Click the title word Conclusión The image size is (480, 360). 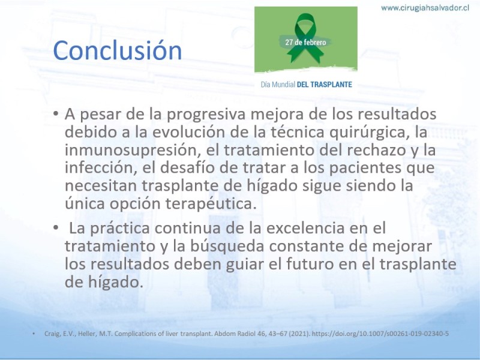[118, 50]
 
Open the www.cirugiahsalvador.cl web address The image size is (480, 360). [425, 8]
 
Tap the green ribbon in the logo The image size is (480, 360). [305, 38]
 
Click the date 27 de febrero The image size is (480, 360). [305, 42]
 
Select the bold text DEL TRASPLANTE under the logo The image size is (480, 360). [325, 85]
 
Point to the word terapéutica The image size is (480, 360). [211, 203]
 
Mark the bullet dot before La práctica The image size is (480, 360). [55, 228]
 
